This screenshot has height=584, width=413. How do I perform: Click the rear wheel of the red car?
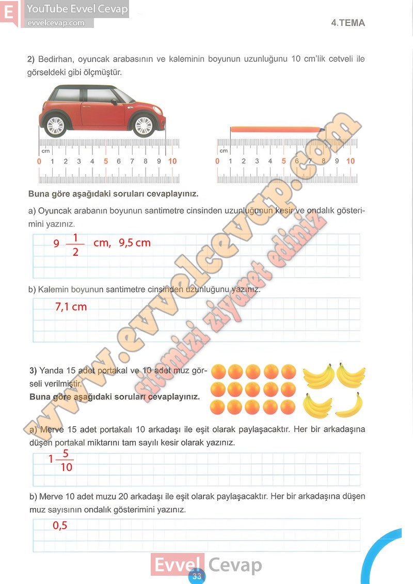(x=55, y=125)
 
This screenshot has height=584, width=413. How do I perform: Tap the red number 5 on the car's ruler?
(x=106, y=161)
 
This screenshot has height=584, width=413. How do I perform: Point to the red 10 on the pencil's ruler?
(x=351, y=161)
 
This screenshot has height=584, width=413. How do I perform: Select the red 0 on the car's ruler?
(x=39, y=161)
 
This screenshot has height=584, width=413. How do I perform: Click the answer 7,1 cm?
(x=71, y=307)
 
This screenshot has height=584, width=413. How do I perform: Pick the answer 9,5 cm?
(x=135, y=242)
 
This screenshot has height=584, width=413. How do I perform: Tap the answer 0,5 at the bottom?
(x=60, y=526)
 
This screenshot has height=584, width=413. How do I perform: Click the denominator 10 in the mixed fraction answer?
(x=66, y=468)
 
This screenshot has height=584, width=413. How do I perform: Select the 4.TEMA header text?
(x=348, y=23)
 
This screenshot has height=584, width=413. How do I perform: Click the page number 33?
(x=196, y=577)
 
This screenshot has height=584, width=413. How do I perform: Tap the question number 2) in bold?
(x=30, y=59)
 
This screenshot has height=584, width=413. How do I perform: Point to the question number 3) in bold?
(x=33, y=371)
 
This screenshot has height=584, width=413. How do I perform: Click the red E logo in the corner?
(x=9, y=12)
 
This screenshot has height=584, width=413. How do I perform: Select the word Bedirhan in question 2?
(x=54, y=59)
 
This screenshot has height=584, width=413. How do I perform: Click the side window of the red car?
(x=98, y=95)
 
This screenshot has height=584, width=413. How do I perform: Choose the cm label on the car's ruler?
(x=45, y=151)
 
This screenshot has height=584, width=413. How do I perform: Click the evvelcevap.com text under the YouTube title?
(x=56, y=23)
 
